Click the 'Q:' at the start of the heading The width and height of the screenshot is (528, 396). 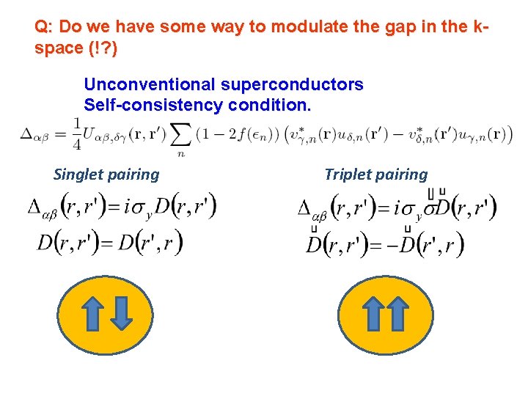[x=44, y=27]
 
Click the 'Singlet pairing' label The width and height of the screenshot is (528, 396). [x=106, y=175]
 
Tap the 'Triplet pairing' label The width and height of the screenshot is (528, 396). [x=375, y=175]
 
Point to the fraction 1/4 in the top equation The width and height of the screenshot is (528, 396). [x=77, y=135]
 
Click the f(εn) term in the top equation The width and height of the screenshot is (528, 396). [x=259, y=136]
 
